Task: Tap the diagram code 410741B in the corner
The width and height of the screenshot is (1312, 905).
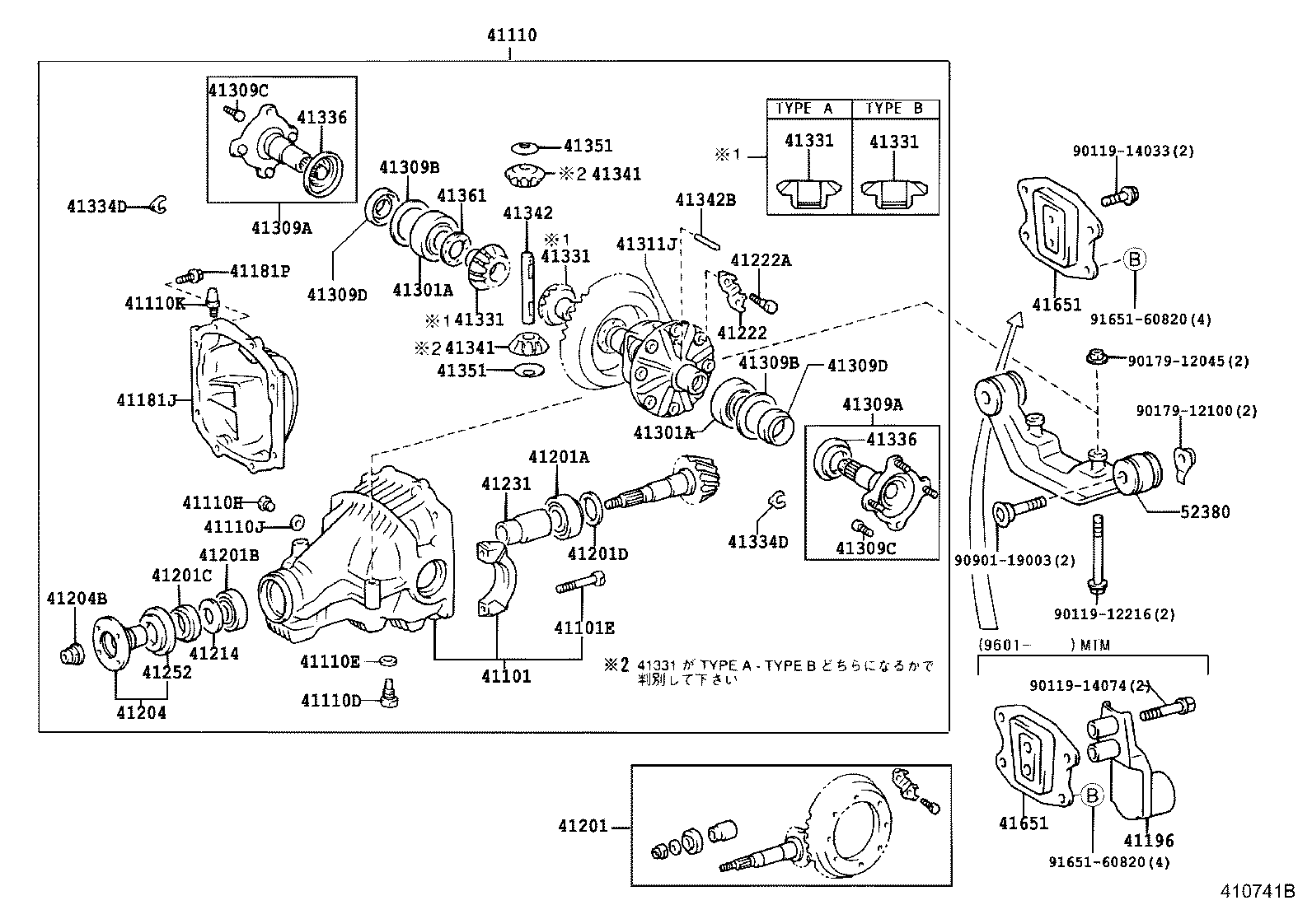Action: tap(1258, 891)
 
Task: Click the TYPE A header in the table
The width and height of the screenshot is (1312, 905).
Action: tap(805, 109)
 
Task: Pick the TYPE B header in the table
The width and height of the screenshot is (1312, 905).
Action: tap(895, 109)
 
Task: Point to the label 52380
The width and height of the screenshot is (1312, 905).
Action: tap(1204, 512)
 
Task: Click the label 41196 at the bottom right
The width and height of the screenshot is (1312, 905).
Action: tap(1149, 841)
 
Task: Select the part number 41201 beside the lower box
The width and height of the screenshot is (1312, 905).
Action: tap(583, 826)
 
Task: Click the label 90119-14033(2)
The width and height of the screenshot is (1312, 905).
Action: tap(1133, 151)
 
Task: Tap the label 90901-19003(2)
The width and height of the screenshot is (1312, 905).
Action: tap(1015, 561)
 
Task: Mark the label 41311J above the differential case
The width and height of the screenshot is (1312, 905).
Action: tap(646, 245)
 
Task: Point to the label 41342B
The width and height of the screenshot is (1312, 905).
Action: tap(705, 200)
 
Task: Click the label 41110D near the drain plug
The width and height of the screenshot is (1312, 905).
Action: tap(331, 701)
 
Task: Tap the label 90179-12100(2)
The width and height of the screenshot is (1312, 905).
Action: tap(1197, 411)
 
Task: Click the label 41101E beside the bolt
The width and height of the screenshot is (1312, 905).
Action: tap(584, 628)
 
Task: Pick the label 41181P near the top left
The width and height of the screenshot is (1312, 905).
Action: tap(260, 270)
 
